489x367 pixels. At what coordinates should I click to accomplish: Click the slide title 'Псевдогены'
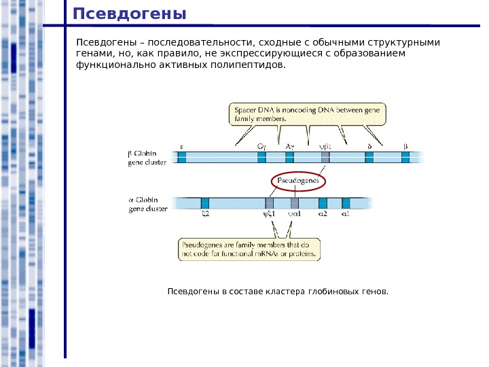[x=129, y=14]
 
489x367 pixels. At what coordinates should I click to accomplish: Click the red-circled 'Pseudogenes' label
[x=300, y=181]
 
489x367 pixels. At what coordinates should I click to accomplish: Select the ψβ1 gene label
[x=325, y=145]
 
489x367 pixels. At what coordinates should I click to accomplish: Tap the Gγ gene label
[x=261, y=145]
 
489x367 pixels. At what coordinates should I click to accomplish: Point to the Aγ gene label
[x=289, y=145]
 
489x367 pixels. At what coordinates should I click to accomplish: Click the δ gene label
[x=369, y=145]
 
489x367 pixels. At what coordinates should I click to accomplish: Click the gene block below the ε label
[x=182, y=157]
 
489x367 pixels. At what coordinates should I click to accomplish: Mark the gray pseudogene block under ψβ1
[x=325, y=157]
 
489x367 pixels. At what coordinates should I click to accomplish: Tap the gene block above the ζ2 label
[x=205, y=203]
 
